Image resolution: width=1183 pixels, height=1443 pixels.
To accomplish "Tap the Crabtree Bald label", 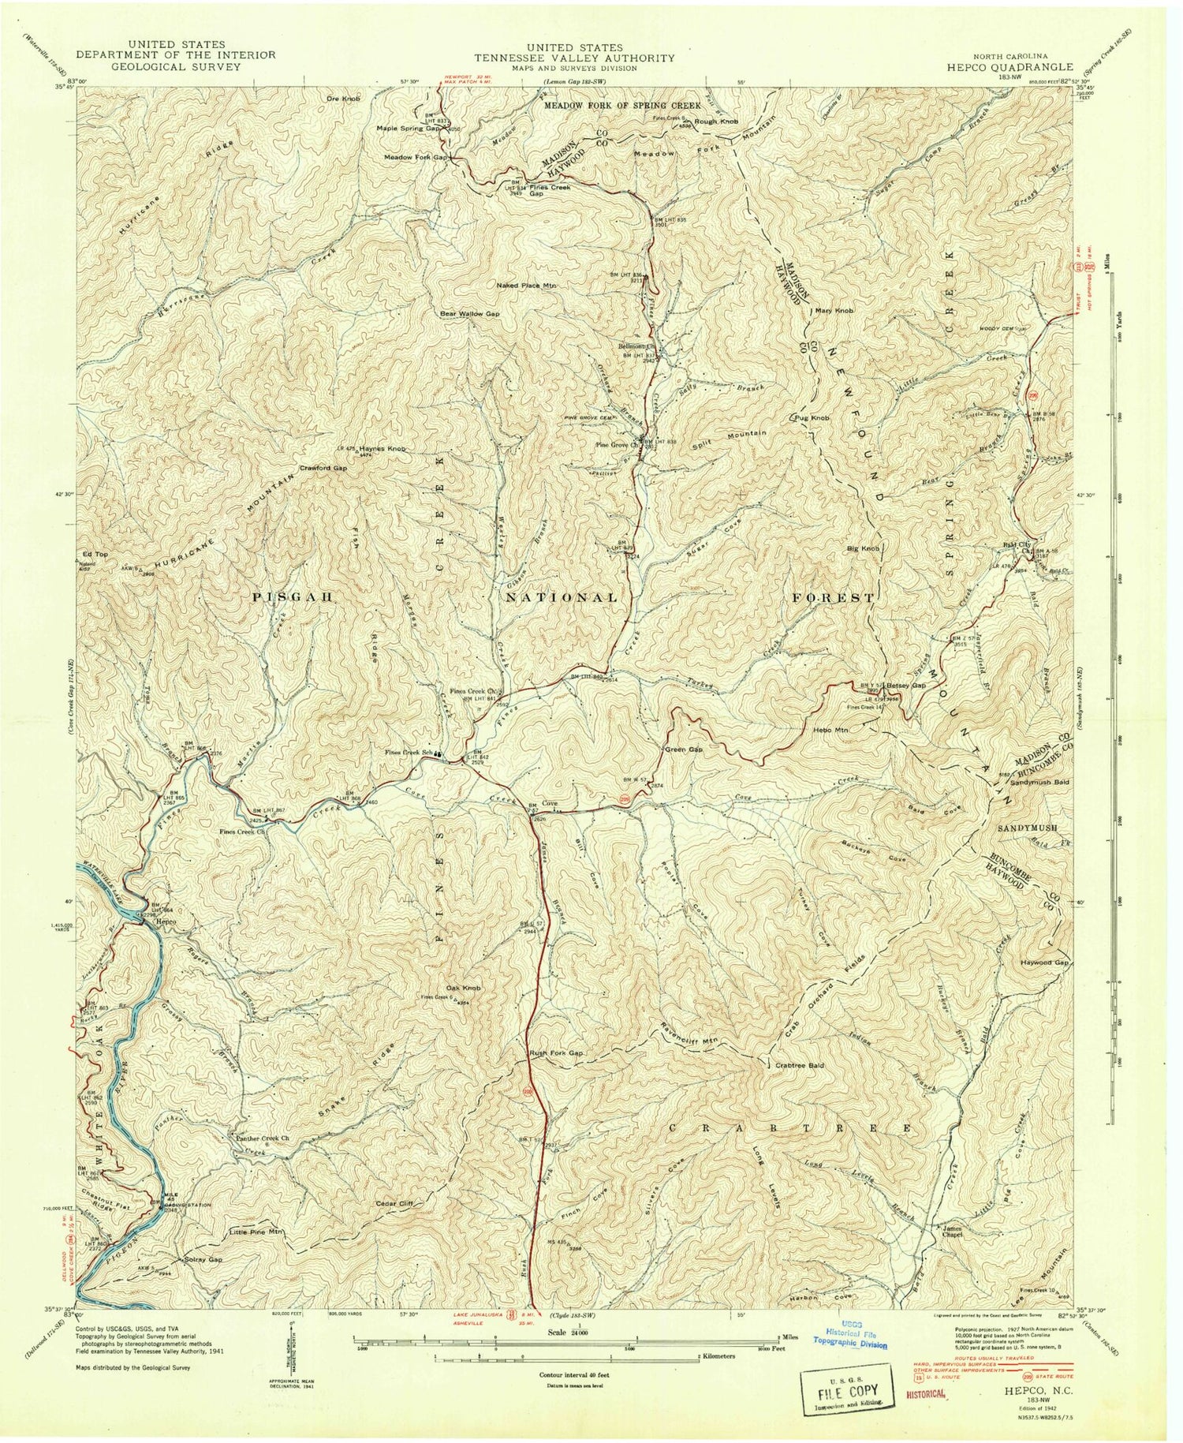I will point(800,1064).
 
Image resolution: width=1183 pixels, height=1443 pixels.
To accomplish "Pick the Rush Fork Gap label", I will point(556,1053).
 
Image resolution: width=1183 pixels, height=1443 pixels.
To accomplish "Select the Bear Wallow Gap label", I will point(470,313).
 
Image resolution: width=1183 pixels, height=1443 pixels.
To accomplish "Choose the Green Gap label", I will point(684,749).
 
